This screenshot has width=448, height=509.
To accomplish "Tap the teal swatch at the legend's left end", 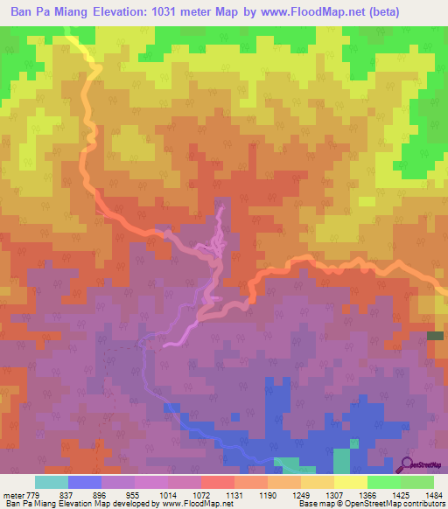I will [51, 482].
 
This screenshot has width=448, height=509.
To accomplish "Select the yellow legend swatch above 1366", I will [350, 482].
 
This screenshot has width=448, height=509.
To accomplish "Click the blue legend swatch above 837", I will [85, 482].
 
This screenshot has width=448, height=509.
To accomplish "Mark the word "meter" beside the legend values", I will [13, 493].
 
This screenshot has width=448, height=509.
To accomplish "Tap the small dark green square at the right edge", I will [435, 336].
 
